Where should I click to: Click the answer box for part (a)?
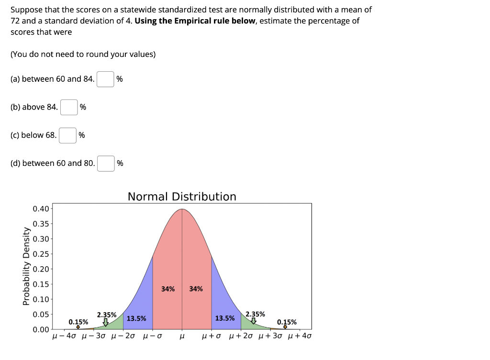tap(105, 79)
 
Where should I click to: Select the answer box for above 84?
tap(69, 107)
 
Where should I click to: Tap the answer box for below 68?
tap(67, 135)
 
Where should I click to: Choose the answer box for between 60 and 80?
tap(106, 164)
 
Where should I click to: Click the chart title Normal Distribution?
tap(182, 196)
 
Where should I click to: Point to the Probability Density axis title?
tap(26, 266)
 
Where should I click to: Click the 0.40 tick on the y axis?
tap(41, 208)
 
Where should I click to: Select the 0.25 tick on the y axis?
tap(41, 254)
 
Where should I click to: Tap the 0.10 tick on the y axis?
tap(41, 299)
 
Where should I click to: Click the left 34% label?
tap(168, 289)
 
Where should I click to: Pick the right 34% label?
tap(196, 289)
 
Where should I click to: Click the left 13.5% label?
tap(136, 318)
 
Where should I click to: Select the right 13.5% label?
tap(225, 318)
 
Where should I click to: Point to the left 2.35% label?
tap(107, 315)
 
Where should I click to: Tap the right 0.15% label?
tap(287, 322)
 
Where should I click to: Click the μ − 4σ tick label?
tap(64, 336)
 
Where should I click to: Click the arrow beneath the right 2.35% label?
tap(254, 321)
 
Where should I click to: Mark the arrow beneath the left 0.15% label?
tap(78, 327)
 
